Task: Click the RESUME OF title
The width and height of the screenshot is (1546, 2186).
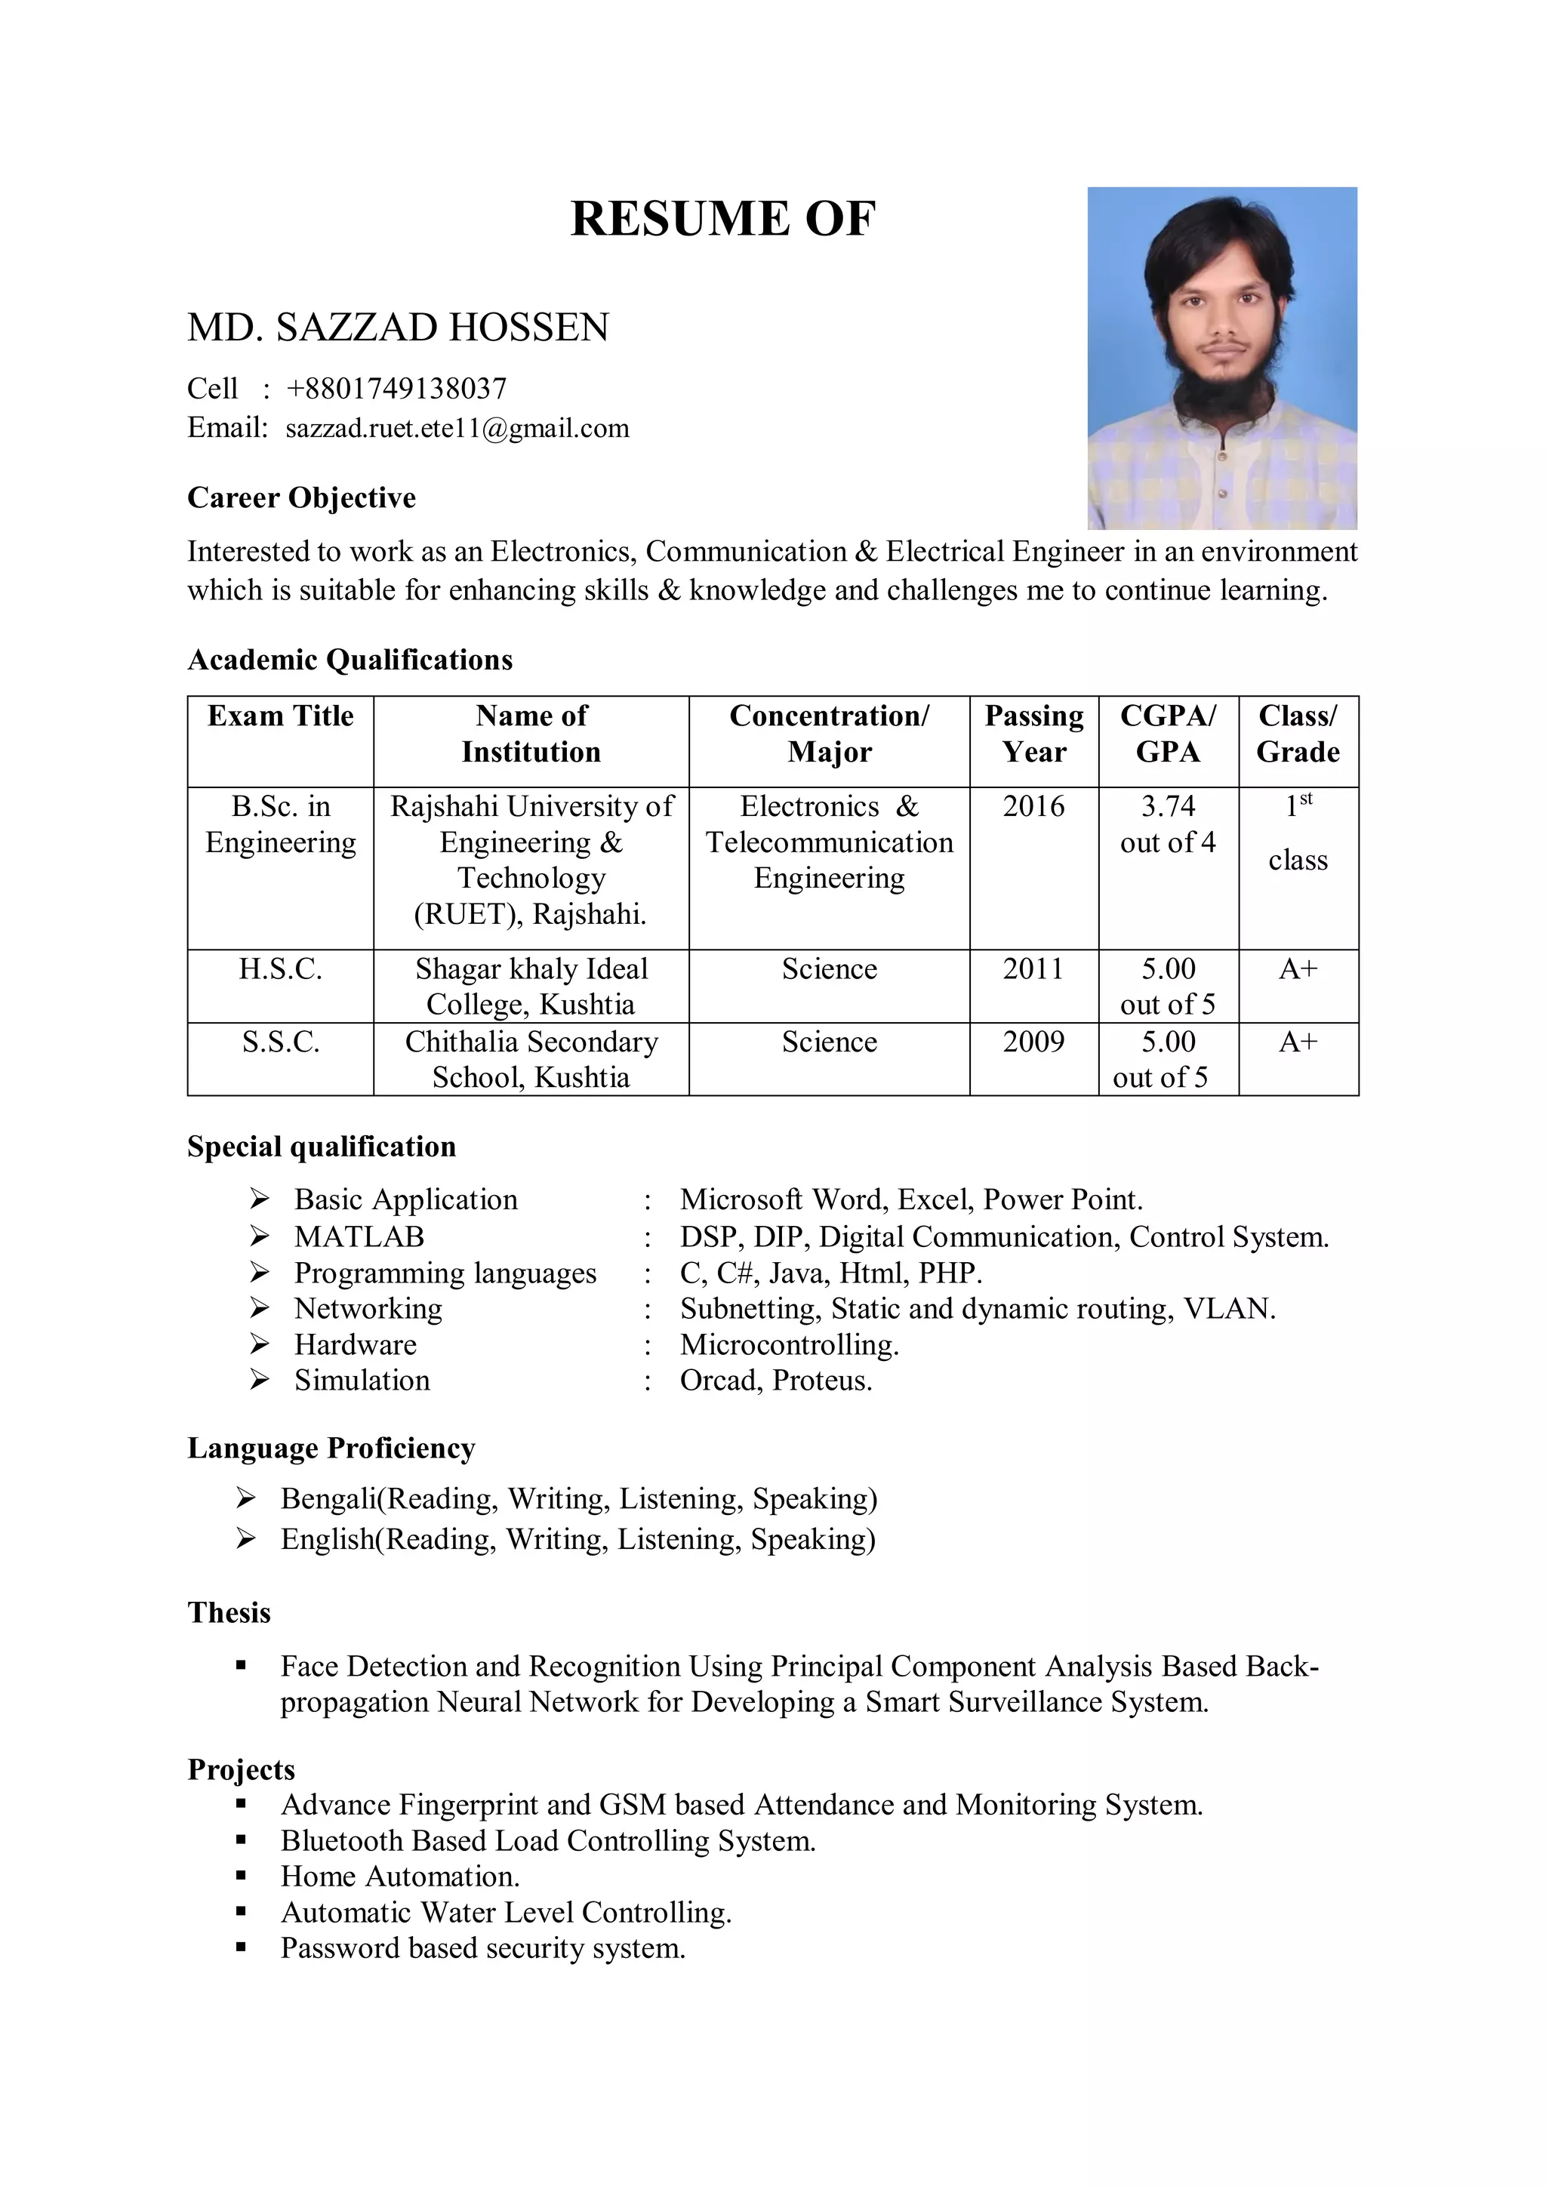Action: [x=722, y=218]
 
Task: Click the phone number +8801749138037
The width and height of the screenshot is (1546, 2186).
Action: [x=396, y=389]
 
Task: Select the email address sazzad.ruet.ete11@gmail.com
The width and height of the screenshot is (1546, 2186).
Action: [x=457, y=429]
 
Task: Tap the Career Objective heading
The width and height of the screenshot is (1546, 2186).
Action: [x=301, y=498]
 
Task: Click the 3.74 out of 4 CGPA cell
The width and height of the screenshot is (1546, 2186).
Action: [x=1167, y=824]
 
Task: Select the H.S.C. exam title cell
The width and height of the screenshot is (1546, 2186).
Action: [x=280, y=969]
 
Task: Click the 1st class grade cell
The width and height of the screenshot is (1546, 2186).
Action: [x=1297, y=834]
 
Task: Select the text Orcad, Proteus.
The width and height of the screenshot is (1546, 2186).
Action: [x=775, y=1381]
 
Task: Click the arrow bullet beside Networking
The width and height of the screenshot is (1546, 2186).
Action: [x=260, y=1308]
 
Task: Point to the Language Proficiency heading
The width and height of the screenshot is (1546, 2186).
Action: [x=331, y=1448]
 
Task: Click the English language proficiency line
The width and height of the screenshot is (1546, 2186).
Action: [x=577, y=1540]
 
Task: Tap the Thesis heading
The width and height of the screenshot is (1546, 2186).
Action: [x=229, y=1613]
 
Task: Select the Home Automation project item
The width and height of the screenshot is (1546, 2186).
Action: [x=400, y=1877]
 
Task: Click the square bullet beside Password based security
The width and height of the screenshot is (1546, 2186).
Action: [x=241, y=1948]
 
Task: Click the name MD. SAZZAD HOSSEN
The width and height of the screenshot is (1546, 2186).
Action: [x=398, y=328]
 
